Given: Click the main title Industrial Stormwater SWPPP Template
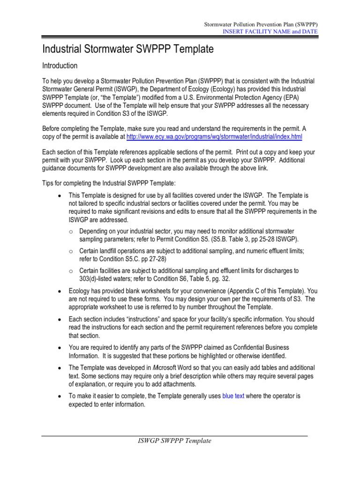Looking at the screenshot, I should (128, 49).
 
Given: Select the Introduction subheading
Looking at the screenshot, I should (60, 66).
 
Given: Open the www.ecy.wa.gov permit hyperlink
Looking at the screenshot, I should (214, 137).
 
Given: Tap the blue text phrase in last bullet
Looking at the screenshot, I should (233, 396).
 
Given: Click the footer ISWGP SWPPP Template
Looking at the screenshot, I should (174, 441).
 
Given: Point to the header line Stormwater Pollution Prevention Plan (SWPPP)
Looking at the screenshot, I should (262, 24).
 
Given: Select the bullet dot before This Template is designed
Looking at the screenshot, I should (59, 195).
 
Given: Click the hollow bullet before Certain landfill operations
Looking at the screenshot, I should (70, 251).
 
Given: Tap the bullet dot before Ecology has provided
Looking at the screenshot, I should (59, 291).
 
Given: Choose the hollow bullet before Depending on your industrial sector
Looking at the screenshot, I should (70, 232).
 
